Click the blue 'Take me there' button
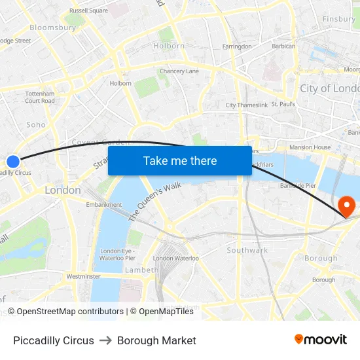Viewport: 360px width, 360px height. click(180, 161)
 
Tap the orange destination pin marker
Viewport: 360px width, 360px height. click(344, 207)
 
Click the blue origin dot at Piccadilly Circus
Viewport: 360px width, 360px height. click(13, 161)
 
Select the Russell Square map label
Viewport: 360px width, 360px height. click(88, 10)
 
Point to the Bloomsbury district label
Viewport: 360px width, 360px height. click(52, 28)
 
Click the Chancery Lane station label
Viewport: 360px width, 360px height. click(179, 71)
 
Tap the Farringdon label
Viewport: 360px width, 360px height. click(237, 46)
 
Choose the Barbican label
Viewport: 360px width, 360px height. click(283, 46)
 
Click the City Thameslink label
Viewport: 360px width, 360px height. click(246, 105)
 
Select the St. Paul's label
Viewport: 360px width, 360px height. click(283, 104)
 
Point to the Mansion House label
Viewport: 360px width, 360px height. click(310, 147)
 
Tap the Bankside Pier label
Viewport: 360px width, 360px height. click(298, 186)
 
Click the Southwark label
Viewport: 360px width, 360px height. click(247, 250)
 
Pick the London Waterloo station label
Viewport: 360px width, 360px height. click(175, 259)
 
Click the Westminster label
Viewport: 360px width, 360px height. click(83, 277)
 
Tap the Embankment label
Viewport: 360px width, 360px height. click(104, 205)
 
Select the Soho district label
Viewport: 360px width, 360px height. click(36, 124)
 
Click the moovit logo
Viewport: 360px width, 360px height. click(320, 340)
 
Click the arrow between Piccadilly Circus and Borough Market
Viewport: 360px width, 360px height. click(105, 340)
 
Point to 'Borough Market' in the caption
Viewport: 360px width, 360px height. click(156, 340)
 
